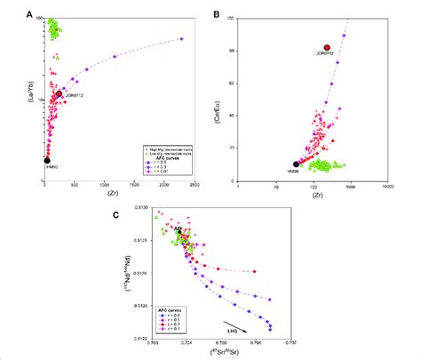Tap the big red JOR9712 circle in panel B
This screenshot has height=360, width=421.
pyautogui.click(x=327, y=48)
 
